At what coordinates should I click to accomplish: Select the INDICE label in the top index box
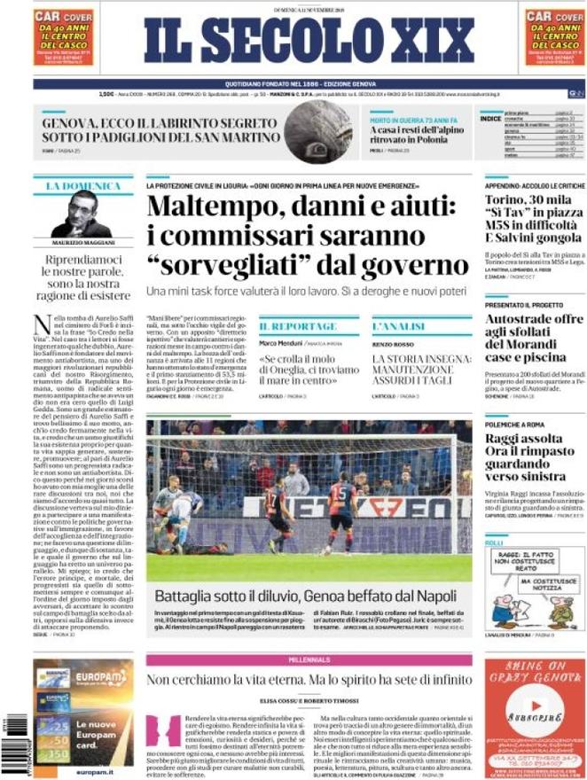489,118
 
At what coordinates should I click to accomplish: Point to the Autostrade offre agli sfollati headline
533,341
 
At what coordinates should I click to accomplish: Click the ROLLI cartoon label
494,542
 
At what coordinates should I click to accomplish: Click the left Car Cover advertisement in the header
63,37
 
